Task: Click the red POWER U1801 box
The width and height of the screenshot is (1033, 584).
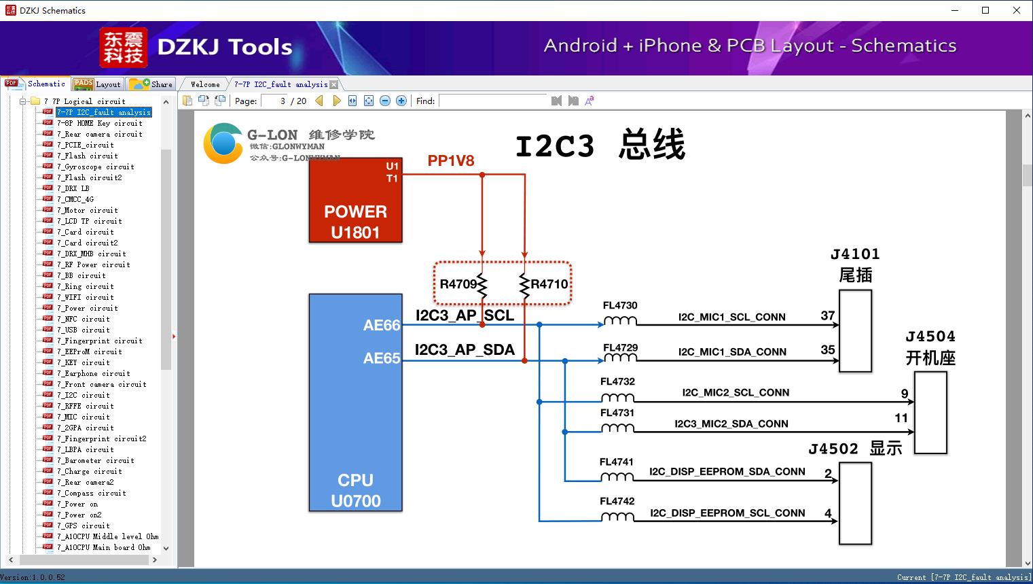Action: coord(355,201)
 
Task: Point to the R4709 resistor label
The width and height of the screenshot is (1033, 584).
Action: coord(458,284)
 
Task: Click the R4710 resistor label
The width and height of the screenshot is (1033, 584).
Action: coord(549,284)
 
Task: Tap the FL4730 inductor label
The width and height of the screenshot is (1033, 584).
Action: coord(620,305)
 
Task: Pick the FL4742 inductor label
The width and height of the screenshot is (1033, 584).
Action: coord(617,501)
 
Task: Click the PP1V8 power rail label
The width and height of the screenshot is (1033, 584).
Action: coord(450,160)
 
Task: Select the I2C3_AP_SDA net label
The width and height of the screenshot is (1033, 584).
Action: coord(465,349)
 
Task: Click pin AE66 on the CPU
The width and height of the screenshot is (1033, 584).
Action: coord(382,326)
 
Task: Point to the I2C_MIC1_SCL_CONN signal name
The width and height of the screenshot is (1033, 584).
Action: coord(731,317)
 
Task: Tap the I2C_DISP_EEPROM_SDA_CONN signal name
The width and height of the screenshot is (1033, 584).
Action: coord(727,471)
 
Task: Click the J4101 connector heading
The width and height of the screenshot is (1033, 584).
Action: coord(855,254)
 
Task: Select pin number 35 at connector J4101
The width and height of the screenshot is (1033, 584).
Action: coord(827,349)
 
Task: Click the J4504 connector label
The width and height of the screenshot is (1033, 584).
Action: coord(930,337)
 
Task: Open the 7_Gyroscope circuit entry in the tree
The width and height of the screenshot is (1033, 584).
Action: coord(95,167)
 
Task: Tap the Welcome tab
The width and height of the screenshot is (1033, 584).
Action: coord(205,84)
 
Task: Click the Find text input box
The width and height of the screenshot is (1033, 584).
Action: coord(492,101)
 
